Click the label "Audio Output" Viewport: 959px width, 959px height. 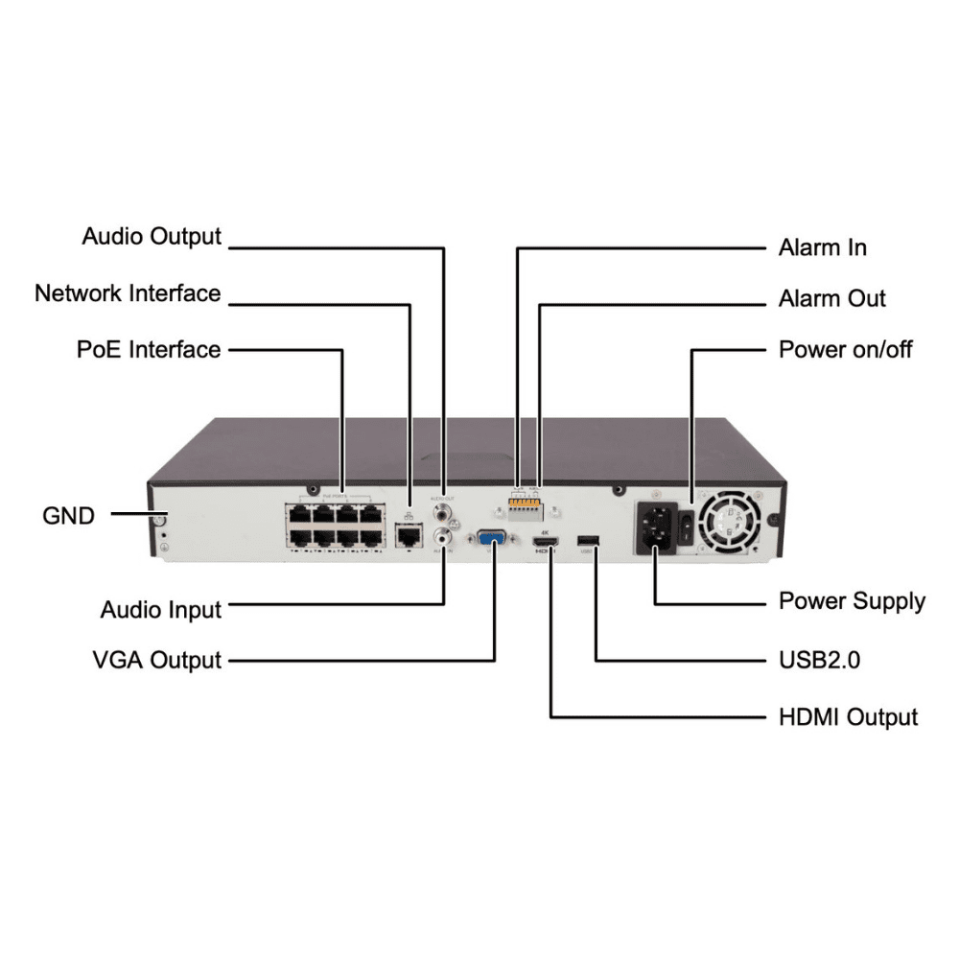152,236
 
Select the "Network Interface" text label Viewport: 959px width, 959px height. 128,292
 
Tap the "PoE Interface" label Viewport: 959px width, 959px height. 149,349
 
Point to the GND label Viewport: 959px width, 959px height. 69,516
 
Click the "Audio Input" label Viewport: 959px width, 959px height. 161,610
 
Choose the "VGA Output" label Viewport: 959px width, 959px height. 157,660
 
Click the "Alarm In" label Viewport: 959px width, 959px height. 823,247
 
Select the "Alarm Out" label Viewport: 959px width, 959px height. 832,299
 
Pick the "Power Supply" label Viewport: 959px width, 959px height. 852,601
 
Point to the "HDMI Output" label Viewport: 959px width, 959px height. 849,716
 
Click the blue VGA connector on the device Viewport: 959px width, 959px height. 493,540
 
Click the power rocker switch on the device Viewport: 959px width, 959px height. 687,524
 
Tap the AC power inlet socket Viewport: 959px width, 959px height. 656,528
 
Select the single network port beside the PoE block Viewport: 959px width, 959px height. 410,533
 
